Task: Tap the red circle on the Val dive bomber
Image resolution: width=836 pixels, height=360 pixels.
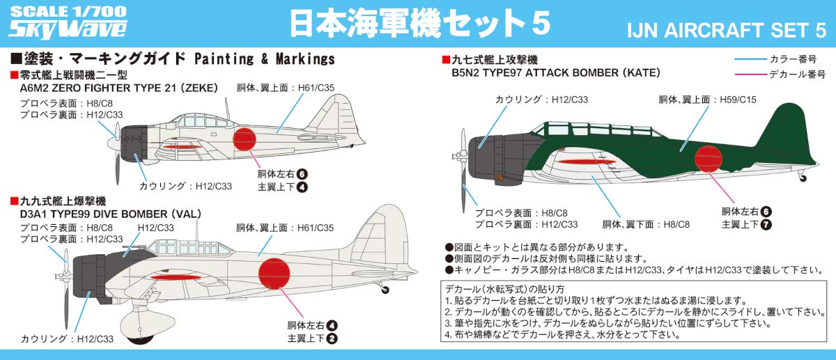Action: pyautogui.click(x=278, y=274)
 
